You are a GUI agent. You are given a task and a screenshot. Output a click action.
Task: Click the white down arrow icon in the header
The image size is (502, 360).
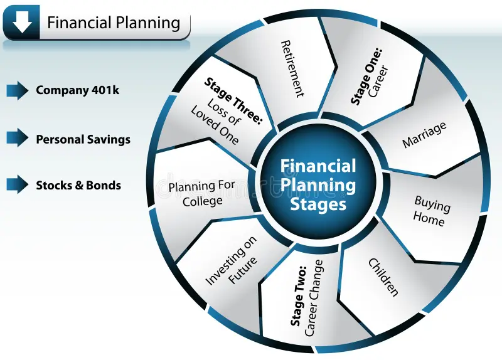tap(23, 23)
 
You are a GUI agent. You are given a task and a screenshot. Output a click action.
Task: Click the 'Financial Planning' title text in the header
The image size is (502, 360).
tap(114, 23)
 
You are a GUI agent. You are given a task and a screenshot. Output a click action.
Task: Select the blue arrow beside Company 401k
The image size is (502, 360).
tap(18, 90)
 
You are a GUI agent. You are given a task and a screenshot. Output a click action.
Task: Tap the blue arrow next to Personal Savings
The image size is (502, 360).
tap(18, 137)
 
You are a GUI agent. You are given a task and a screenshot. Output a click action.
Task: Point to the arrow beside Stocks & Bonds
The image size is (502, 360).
tap(18, 184)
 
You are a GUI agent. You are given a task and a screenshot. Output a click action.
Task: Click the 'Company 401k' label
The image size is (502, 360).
tap(77, 90)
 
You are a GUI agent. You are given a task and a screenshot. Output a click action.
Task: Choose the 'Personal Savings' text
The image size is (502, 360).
tap(83, 139)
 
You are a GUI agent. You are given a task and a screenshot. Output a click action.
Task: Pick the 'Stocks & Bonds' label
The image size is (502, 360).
tap(78, 185)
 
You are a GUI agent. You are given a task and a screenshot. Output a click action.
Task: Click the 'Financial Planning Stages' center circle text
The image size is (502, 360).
tap(318, 185)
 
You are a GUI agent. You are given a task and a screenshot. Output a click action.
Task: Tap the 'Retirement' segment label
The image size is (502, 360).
tap(292, 68)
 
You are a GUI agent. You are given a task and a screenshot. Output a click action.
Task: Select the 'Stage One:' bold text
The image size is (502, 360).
tap(366, 76)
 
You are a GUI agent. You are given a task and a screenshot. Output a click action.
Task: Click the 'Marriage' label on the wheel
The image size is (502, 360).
tap(424, 135)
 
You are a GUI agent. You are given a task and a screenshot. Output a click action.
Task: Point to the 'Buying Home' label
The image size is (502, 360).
tap(431, 211)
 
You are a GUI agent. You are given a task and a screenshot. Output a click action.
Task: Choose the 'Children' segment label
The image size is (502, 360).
tap(383, 277)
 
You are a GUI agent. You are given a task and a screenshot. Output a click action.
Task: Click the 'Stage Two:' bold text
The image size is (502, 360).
tap(299, 296)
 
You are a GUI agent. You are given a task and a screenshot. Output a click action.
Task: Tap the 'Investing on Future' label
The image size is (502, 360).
tap(231, 260)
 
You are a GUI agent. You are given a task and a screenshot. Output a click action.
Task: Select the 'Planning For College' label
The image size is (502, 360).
tap(202, 194)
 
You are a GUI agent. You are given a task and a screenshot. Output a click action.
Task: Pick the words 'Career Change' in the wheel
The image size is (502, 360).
tap(314, 298)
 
